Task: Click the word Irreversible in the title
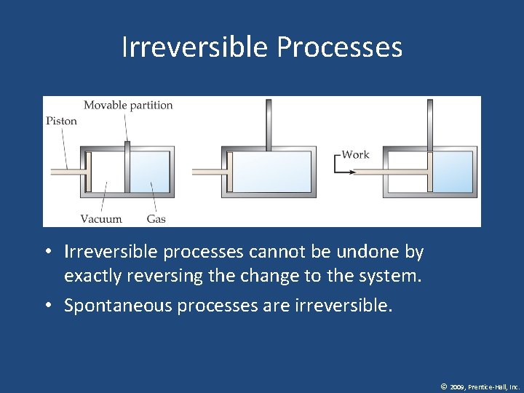click(x=195, y=47)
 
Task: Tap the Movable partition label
click(x=128, y=106)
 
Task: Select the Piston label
click(x=61, y=121)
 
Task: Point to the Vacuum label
click(x=101, y=218)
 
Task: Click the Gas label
click(x=156, y=218)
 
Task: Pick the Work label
click(x=356, y=154)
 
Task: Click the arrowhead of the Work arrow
click(x=352, y=172)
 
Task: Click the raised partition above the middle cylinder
click(x=269, y=124)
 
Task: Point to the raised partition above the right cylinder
click(x=430, y=124)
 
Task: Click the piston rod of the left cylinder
click(x=66, y=172)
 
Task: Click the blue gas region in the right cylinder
click(x=453, y=172)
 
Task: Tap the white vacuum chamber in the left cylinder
click(x=107, y=172)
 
